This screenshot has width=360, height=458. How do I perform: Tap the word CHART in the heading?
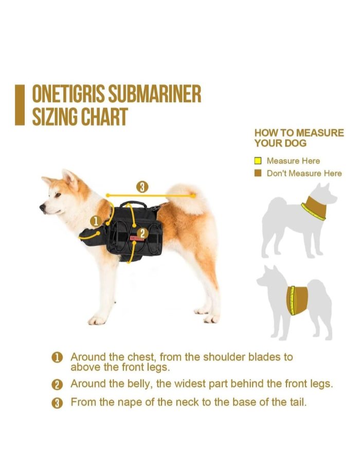pos(104,117)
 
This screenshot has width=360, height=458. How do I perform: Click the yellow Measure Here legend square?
pos(258,161)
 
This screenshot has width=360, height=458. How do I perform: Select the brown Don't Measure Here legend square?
pos(258,173)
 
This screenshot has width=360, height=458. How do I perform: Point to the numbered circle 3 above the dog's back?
pos(142,187)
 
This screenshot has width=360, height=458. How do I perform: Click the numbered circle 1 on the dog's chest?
pos(96,222)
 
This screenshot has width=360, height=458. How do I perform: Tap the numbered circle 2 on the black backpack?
pos(142,233)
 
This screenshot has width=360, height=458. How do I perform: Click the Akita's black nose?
pos(42,207)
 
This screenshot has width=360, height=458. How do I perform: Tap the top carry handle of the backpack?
pos(133,204)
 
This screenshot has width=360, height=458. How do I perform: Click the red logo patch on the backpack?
pos(137,238)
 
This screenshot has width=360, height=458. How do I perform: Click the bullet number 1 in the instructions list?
pos(57,358)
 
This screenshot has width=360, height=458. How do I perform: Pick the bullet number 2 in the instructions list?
pos(57,385)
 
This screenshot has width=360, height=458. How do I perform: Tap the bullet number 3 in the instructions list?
pos(57,404)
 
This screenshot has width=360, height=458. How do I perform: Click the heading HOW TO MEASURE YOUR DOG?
pos(299,138)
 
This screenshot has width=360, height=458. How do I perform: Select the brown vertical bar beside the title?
pos(20,105)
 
